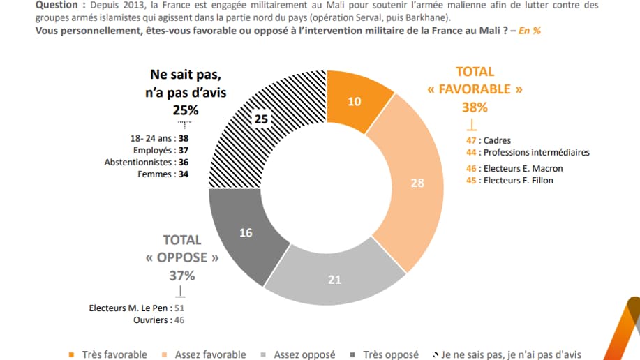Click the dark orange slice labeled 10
tap(355, 101)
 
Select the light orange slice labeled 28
tap(417, 182)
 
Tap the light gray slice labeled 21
tap(334, 279)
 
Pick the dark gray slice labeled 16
tap(246, 232)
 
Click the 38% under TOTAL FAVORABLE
tap(475, 107)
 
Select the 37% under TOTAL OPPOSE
tap(181, 275)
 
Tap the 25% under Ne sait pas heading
tap(186, 110)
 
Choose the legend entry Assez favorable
tap(210, 354)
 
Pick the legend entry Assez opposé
tap(304, 354)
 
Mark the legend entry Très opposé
tap(391, 354)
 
